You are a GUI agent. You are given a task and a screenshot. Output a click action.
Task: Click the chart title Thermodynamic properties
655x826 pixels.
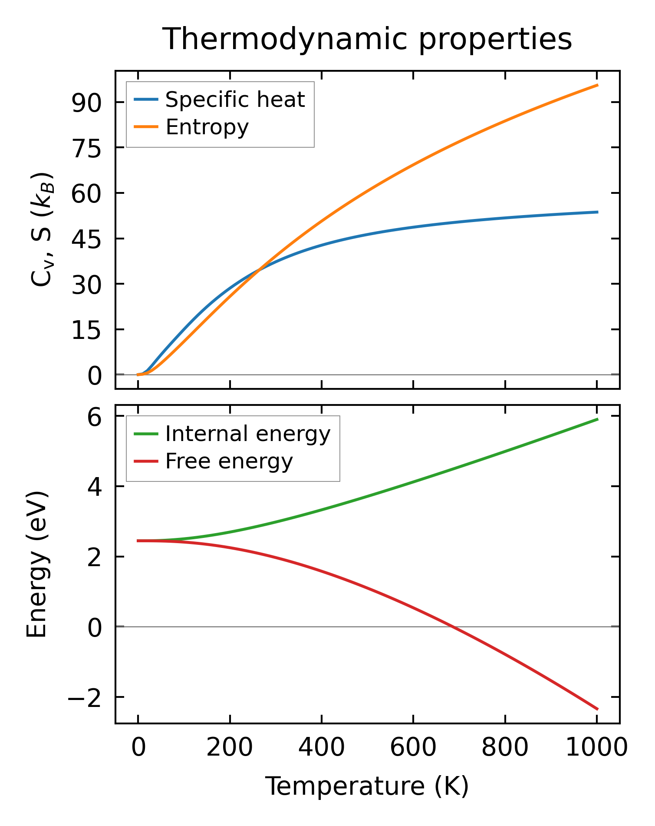[x=367, y=39]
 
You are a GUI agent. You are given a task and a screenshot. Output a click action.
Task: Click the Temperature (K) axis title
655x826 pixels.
[x=367, y=786]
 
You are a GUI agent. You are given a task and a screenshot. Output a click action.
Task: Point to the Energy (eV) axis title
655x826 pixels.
[x=36, y=564]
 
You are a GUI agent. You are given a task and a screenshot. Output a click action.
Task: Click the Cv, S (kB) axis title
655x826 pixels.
[x=42, y=229]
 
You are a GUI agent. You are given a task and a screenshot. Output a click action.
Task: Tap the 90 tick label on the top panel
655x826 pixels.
[x=86, y=103]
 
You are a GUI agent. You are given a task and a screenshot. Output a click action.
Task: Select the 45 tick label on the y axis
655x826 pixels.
[x=86, y=239]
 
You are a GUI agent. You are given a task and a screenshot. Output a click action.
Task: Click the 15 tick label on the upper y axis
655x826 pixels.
[x=86, y=330]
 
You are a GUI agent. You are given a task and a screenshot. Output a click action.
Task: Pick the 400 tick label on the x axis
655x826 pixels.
[x=322, y=748]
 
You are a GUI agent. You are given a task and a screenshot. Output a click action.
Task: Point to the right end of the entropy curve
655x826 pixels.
[x=597, y=85]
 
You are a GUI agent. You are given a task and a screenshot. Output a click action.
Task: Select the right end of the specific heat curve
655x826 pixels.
[x=597, y=212]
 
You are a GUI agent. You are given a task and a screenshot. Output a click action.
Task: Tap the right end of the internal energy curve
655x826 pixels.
[x=597, y=419]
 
